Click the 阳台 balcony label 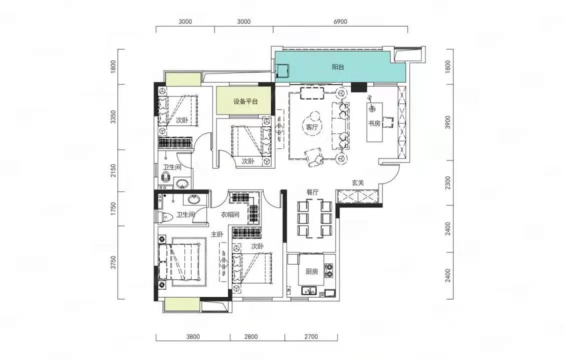(338, 67)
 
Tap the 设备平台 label (245, 101)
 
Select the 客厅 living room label (312, 127)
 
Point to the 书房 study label (374, 123)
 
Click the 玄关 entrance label (358, 182)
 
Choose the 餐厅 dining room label (312, 192)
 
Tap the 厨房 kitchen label (312, 271)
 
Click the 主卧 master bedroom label (217, 234)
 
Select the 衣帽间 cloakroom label (230, 214)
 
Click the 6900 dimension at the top (340, 21)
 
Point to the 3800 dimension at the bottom (193, 337)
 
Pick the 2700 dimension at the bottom (311, 337)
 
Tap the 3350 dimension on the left (113, 117)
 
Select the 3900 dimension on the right (448, 122)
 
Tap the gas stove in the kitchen (329, 271)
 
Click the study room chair (388, 122)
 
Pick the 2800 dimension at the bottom (250, 337)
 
